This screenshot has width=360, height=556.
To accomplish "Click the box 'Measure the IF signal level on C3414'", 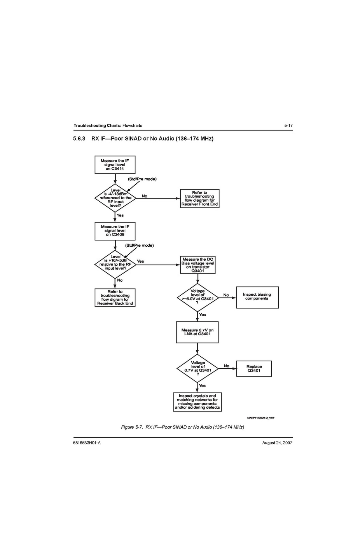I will coord(115,165).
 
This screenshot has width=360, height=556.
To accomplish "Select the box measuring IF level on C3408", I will coord(115,231).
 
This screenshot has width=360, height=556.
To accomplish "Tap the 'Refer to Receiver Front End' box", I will coord(200,199).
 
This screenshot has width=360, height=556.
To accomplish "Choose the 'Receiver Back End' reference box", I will coord(115,298).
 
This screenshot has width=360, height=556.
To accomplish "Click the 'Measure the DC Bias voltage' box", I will coord(197,265).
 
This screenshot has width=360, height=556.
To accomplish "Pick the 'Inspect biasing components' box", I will coord(257,297).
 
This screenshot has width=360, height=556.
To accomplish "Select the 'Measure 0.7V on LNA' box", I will coord(197,332).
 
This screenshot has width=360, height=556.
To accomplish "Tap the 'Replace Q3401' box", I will coord(254,369).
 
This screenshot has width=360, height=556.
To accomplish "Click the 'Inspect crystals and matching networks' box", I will coord(197,402).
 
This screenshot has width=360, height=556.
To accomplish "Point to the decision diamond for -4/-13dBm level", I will coord(115,198).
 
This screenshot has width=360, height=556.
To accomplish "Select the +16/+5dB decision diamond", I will coord(115,264).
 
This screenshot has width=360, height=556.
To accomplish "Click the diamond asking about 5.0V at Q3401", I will coord(197,297).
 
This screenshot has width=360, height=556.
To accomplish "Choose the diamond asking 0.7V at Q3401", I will coord(197,368).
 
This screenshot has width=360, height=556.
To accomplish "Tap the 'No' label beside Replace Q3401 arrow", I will coord(226,366).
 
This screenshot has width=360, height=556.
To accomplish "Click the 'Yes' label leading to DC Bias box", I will coord(140,261).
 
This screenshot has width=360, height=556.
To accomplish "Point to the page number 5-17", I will coord(288,125).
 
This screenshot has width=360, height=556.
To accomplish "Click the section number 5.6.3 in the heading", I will coord(79,139).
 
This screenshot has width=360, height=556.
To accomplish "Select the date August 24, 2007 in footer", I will coord(277,443).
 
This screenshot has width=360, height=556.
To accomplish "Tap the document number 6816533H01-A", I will coord(87,443).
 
